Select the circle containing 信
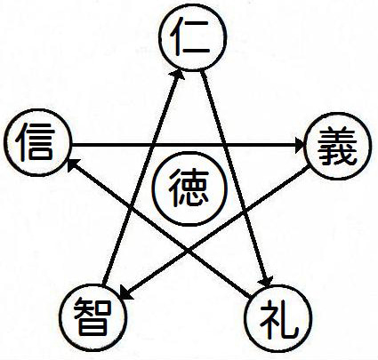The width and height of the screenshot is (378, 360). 38,143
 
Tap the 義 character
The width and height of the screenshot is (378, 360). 337,146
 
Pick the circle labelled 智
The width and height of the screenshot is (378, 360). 92,317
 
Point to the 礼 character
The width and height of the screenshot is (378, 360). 278,319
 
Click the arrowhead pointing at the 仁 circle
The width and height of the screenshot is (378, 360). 177,74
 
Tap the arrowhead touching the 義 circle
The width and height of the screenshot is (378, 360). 300,145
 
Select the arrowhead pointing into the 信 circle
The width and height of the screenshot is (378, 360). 73,164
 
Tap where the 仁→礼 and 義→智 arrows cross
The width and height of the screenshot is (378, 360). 247,212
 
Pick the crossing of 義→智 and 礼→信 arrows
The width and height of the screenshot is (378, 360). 188,252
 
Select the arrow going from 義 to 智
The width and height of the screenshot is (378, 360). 214,234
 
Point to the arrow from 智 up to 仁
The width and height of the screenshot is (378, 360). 141,180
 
